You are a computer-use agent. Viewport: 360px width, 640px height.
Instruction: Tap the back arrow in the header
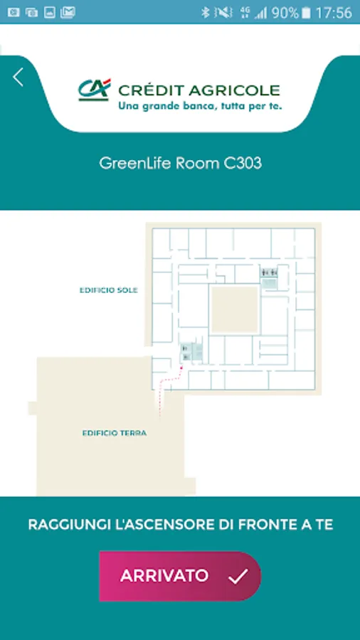click(x=18, y=77)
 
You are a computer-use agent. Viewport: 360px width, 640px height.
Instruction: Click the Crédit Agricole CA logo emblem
click(x=95, y=90)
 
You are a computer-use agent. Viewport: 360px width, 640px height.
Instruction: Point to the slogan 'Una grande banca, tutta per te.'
click(x=200, y=107)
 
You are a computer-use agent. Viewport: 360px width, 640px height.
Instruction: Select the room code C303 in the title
click(x=243, y=164)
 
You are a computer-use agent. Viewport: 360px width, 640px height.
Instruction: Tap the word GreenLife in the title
click(x=135, y=164)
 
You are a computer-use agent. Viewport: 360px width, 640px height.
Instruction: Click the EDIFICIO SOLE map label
click(x=109, y=291)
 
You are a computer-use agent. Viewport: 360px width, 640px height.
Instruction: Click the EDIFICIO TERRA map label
click(x=115, y=433)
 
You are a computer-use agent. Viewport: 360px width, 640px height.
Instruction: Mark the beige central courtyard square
click(x=235, y=309)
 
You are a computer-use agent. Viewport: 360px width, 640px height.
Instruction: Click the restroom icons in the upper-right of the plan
click(x=269, y=272)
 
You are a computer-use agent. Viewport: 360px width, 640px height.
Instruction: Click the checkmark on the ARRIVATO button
click(x=238, y=576)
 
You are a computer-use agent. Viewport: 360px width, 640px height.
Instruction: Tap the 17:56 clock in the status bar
click(x=334, y=13)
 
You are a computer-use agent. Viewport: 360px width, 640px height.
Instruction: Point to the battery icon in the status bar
click(x=306, y=13)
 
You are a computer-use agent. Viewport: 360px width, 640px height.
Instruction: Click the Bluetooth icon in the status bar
click(x=206, y=13)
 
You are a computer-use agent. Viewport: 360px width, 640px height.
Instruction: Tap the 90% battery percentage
click(x=285, y=13)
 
